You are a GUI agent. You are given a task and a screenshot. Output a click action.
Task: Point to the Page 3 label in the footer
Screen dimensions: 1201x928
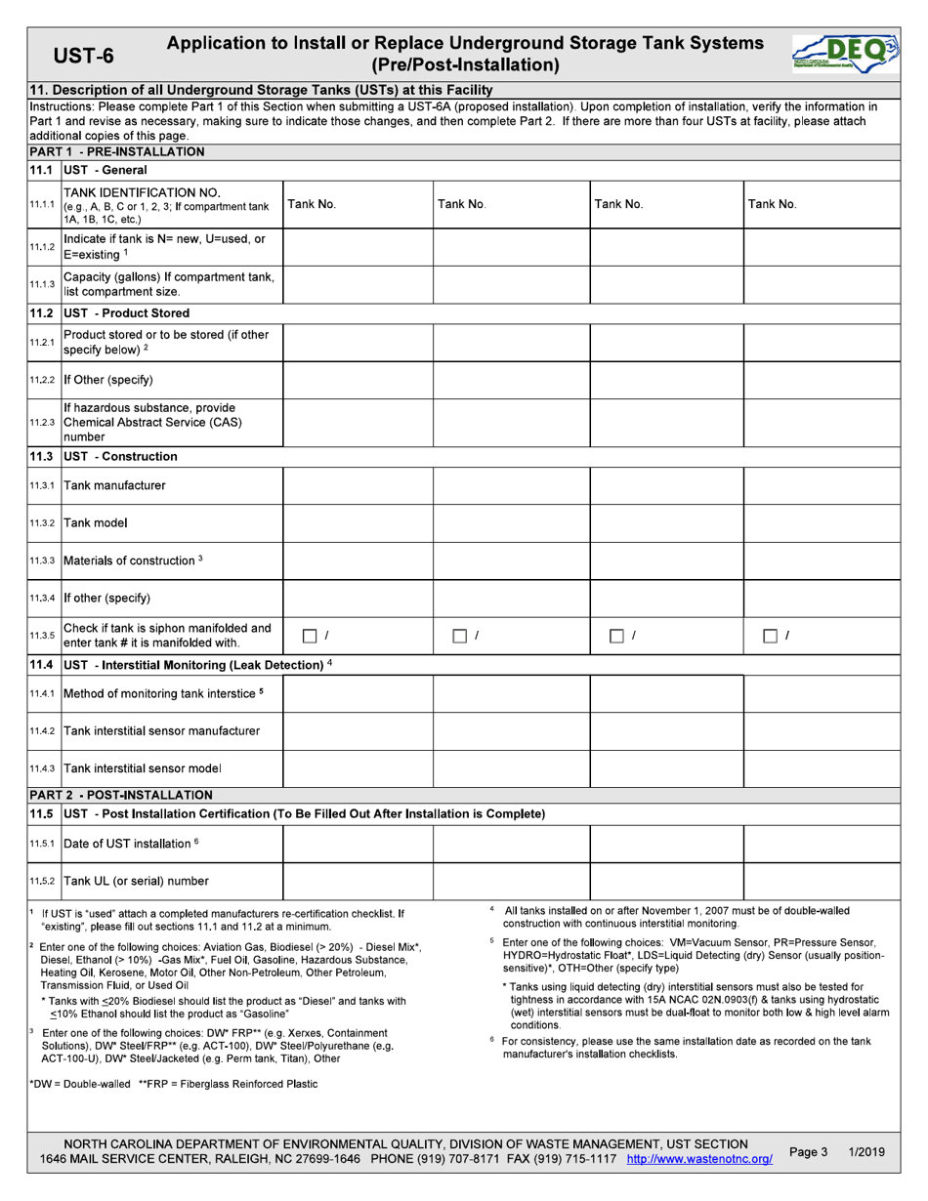(x=808, y=1152)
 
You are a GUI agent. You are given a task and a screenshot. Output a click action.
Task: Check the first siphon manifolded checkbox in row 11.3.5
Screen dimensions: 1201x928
(x=308, y=637)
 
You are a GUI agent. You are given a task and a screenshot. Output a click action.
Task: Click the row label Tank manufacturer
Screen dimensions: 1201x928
(x=114, y=485)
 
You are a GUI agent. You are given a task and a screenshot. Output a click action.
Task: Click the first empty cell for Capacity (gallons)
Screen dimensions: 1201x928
(x=358, y=284)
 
